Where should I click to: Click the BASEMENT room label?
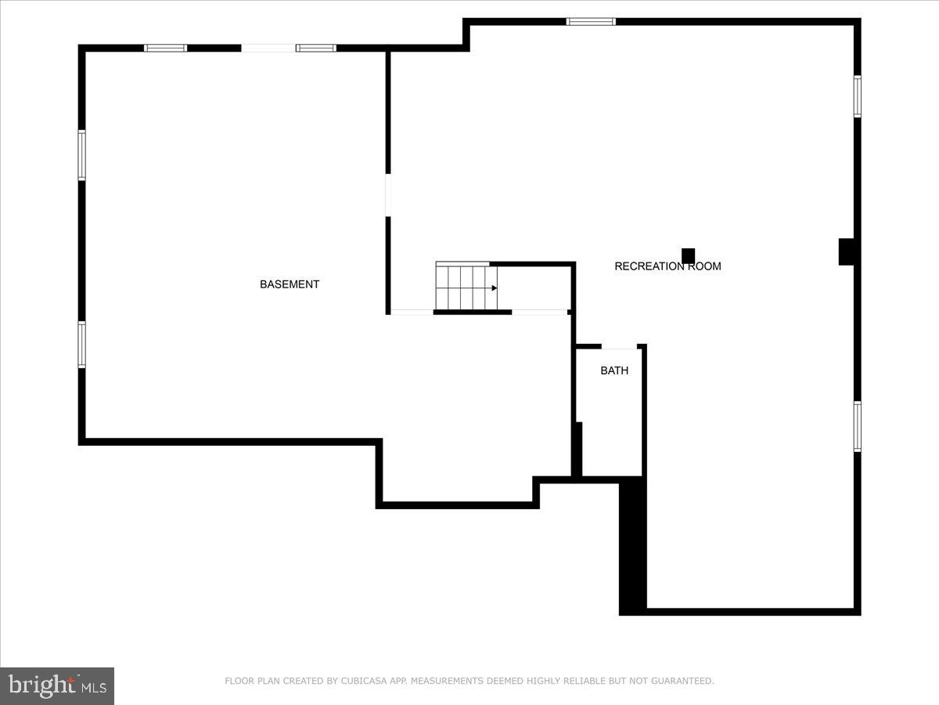(x=290, y=284)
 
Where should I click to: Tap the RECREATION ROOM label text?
(x=667, y=266)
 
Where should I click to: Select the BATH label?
(x=614, y=371)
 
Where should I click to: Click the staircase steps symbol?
(x=466, y=287)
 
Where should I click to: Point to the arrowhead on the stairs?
(x=495, y=288)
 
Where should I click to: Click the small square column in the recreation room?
(x=688, y=255)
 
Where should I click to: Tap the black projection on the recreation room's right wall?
(x=846, y=251)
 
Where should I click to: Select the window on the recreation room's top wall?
(x=591, y=21)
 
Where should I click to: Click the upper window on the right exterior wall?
(x=858, y=96)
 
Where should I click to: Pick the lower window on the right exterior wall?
(x=858, y=426)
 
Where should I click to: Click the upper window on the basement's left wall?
(x=81, y=155)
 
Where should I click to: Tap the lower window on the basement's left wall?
(x=81, y=345)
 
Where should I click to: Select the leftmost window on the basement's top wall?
(x=166, y=48)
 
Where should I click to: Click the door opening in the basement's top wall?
(x=268, y=48)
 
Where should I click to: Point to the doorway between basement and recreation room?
(x=387, y=195)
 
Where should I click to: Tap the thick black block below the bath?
(x=632, y=547)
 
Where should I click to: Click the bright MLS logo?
(x=57, y=686)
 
